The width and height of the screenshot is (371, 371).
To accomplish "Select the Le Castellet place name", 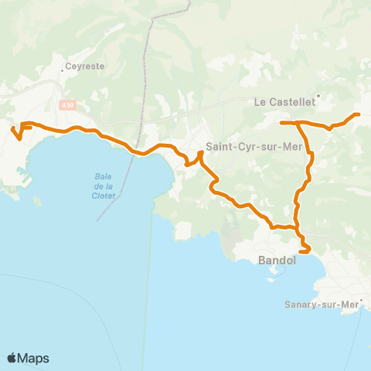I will (284, 100).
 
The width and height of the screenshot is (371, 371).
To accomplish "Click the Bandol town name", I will (277, 260).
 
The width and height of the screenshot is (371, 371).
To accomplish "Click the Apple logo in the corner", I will (12, 358).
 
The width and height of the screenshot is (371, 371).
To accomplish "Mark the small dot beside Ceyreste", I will (63, 70).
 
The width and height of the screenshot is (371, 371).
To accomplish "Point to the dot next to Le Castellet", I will (318, 97).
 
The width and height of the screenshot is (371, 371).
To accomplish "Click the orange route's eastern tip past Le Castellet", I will (358, 115).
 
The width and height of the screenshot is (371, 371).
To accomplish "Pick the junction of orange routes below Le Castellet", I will (298, 123).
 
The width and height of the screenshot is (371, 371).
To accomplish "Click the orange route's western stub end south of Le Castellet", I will (281, 122).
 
